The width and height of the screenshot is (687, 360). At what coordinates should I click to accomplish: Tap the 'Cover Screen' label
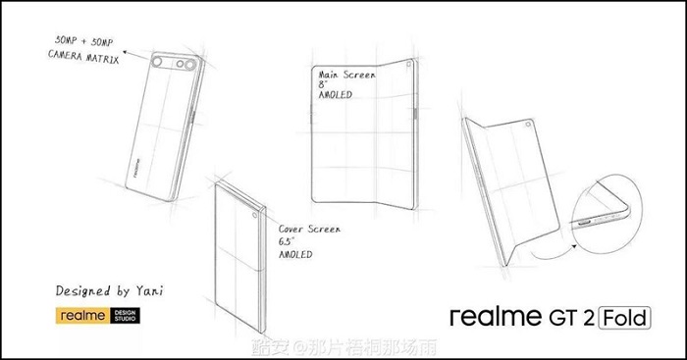(x=311, y=228)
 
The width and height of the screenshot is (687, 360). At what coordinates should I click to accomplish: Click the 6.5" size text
(x=291, y=241)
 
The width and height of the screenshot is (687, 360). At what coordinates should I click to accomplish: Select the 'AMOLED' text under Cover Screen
(x=296, y=255)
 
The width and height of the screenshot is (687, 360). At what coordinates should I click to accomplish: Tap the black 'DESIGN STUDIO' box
(x=127, y=316)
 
